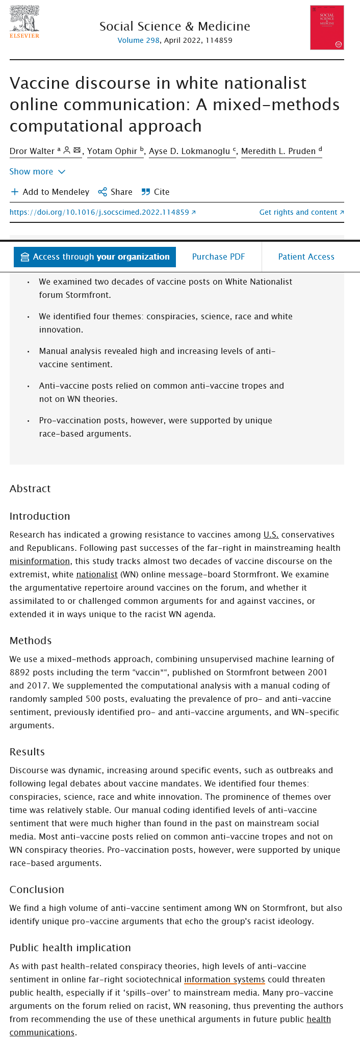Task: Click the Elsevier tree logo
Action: point(24,21)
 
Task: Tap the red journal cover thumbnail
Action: point(327,28)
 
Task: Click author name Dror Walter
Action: point(32,151)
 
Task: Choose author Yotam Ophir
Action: point(112,151)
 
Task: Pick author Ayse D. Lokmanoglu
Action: point(189,151)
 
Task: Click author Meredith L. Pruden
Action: point(278,151)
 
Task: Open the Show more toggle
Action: point(37,171)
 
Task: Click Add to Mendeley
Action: point(50,192)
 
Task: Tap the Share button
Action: point(115,192)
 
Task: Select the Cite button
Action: point(156,192)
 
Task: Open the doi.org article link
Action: point(102,212)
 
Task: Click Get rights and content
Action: point(301,212)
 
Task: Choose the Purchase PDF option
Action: point(218,257)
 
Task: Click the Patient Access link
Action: point(306,257)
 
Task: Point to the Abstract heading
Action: point(30,489)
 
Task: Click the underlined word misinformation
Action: point(40,561)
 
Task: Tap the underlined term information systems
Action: point(224,979)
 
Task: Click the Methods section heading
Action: point(30,641)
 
